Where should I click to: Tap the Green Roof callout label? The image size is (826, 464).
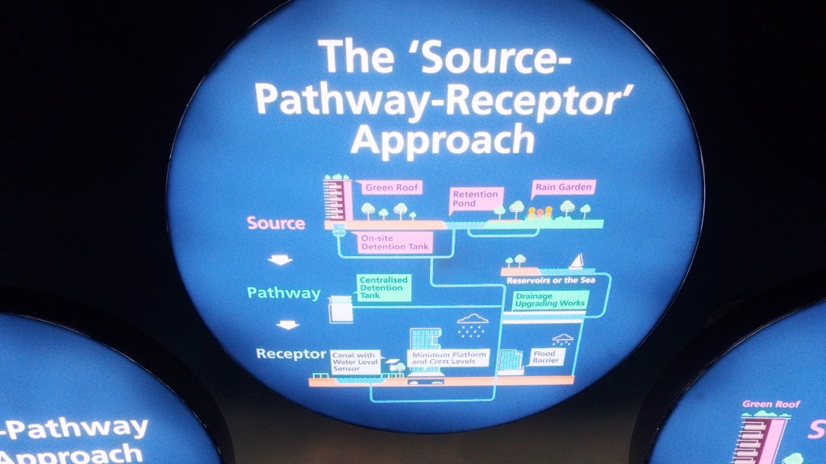click(x=389, y=188)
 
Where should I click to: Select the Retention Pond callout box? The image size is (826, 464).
click(x=476, y=198)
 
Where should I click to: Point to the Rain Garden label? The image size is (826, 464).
click(x=563, y=187)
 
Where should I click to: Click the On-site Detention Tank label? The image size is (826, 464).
click(x=394, y=242)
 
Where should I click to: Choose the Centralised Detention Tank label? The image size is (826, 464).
click(x=384, y=287)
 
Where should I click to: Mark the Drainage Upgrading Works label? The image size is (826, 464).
click(x=551, y=300)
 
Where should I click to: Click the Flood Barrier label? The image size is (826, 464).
click(x=546, y=356)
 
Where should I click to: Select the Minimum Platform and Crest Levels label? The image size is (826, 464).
click(x=448, y=358)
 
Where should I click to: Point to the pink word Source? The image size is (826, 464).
click(x=276, y=223)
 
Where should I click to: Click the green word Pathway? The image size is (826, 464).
click(x=283, y=293)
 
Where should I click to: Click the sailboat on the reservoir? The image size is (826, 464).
click(x=576, y=261)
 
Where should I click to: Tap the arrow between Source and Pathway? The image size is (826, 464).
click(x=281, y=259)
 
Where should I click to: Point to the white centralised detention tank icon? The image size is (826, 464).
click(x=341, y=309)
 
